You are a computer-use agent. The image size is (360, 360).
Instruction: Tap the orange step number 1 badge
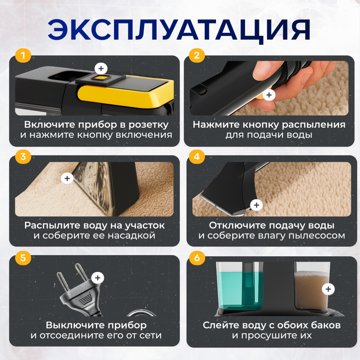point(23,55)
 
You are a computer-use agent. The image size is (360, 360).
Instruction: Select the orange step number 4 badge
point(197,157)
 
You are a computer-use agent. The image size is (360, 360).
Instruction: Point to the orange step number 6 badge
point(197,258)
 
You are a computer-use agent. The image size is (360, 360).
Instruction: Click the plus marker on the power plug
point(98,278)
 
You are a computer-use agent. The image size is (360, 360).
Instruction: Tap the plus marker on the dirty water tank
point(328,289)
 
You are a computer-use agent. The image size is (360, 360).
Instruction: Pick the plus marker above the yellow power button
point(101,68)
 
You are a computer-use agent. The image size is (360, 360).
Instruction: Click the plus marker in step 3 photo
point(67,178)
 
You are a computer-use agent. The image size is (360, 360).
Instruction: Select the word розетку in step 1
point(148,125)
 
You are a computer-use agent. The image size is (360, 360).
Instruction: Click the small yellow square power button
point(101,78)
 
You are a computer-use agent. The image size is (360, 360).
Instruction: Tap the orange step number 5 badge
point(23,258)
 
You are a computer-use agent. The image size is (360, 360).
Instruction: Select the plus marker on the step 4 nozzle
point(256,205)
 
